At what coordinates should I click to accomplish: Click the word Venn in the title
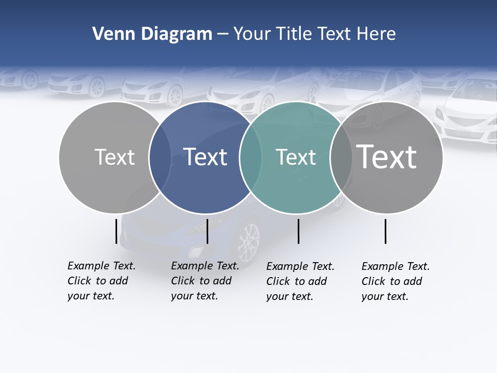tap(109, 34)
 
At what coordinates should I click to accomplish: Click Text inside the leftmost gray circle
tap(114, 157)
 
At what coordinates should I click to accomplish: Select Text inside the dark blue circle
tap(206, 157)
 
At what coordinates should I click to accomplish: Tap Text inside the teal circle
tap(296, 157)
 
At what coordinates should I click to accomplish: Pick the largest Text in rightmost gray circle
tap(387, 157)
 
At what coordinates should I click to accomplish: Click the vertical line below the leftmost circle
tap(116, 231)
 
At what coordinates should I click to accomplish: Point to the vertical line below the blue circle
tap(207, 231)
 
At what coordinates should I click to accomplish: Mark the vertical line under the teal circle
tap(299, 231)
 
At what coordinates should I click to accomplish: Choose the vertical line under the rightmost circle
tap(386, 231)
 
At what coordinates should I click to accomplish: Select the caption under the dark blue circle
tap(205, 281)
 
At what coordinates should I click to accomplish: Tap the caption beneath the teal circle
tap(300, 281)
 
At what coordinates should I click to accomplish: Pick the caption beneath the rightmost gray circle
tap(396, 281)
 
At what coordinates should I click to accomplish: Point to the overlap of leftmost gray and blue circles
tap(160, 157)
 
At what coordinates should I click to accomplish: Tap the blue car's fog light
tap(197, 252)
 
